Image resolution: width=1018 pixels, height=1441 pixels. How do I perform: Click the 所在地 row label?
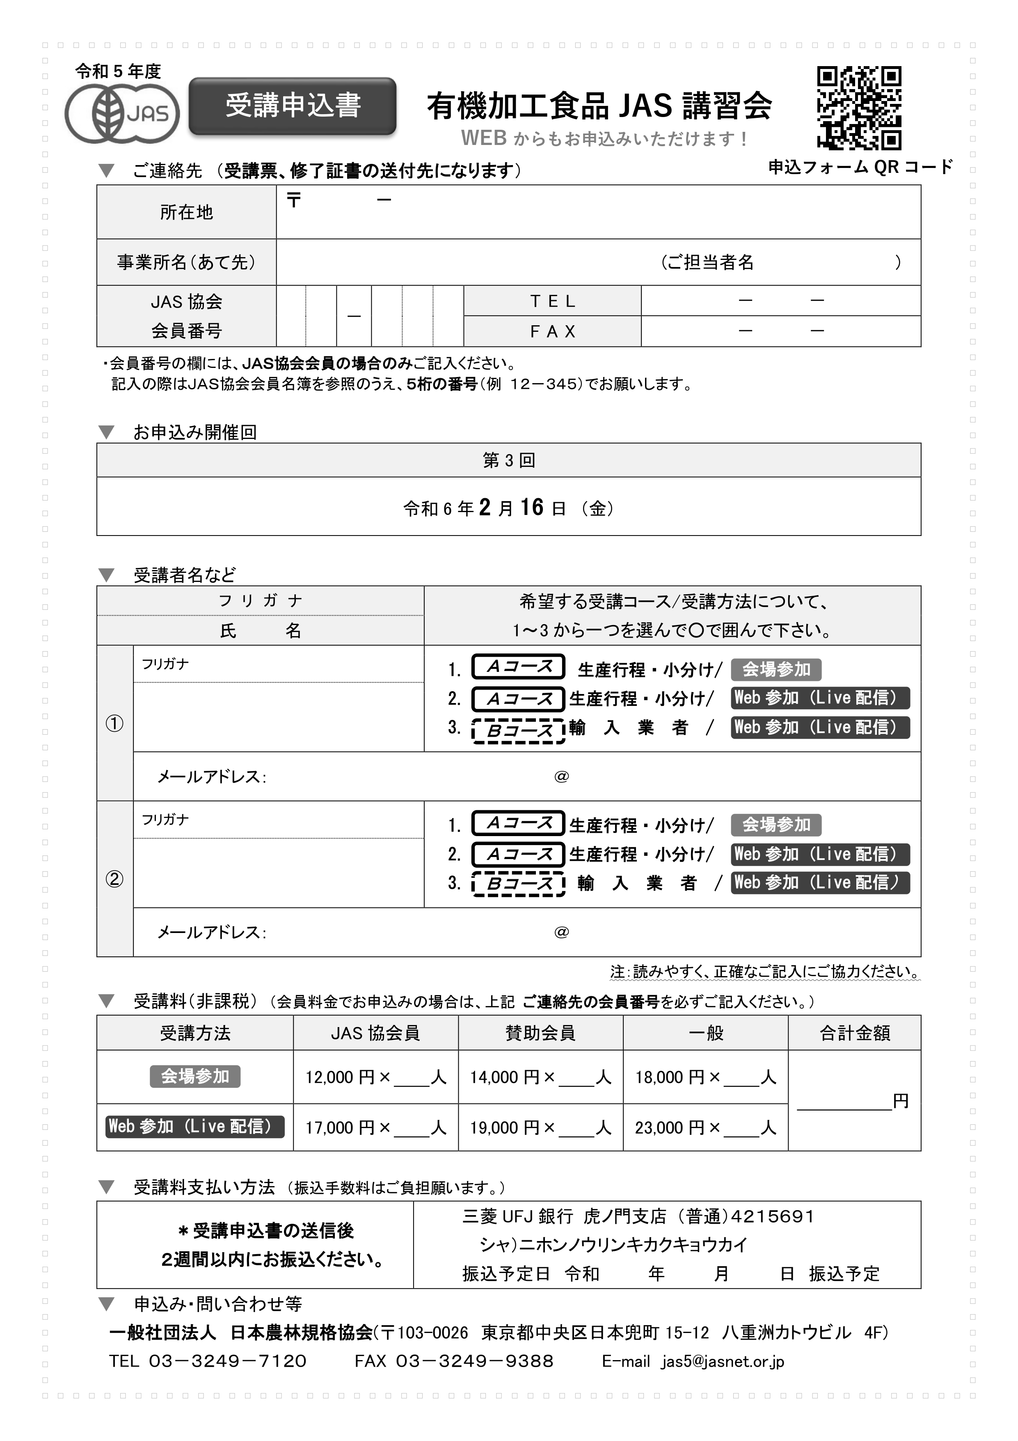[x=186, y=212]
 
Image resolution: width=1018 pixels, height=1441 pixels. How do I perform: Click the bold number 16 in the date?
[x=531, y=507]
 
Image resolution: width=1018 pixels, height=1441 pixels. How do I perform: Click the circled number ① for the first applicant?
[x=114, y=724]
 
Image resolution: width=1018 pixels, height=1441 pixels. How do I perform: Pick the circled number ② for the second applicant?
[x=114, y=879]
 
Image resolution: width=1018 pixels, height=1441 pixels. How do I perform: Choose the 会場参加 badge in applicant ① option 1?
[x=776, y=670]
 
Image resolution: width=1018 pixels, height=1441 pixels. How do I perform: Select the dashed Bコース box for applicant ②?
[x=519, y=884]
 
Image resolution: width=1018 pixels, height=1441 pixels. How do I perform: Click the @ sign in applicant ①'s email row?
[x=561, y=777]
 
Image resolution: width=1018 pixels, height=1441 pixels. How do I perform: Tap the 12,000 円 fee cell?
[x=375, y=1078]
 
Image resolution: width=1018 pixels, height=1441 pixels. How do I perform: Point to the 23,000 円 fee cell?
[x=705, y=1128]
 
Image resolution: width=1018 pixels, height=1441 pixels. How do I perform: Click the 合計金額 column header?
[x=854, y=1033]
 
